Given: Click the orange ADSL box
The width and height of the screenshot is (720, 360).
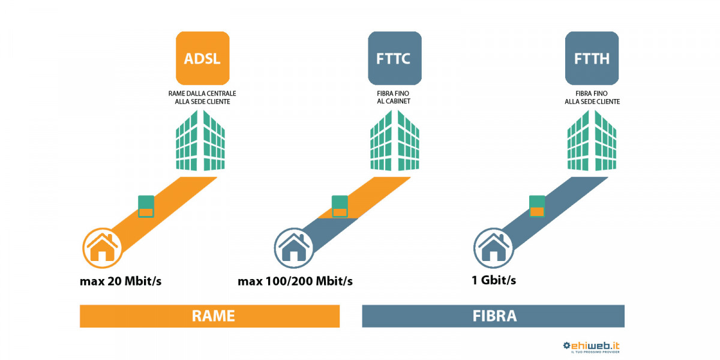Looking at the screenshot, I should tap(202, 58).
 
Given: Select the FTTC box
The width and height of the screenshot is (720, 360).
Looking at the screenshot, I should tap(394, 58).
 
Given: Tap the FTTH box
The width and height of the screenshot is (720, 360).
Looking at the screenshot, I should tap(592, 58).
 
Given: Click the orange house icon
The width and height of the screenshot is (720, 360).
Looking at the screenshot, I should tap(102, 247).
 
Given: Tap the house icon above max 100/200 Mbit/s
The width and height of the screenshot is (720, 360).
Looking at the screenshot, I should tap(294, 247).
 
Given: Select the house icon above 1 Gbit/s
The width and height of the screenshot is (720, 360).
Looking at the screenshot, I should tap(493, 247).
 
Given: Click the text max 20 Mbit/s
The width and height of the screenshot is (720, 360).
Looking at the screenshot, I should tap(121, 281).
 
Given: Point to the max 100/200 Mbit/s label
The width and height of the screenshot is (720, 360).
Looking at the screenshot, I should tap(295, 281).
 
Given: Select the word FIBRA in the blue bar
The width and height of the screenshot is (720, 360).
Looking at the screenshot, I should tap(493, 316).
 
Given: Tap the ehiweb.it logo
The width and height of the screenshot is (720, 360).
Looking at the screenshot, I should tap(590, 347).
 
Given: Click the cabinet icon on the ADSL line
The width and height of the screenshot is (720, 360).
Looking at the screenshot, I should tap(146, 206).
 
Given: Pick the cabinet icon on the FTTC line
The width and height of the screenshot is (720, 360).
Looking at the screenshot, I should tap(340, 206).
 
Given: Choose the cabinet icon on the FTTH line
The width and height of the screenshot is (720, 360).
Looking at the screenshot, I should tap(537, 206).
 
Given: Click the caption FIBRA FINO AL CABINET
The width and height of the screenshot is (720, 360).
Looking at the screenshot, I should tap(394, 98).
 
